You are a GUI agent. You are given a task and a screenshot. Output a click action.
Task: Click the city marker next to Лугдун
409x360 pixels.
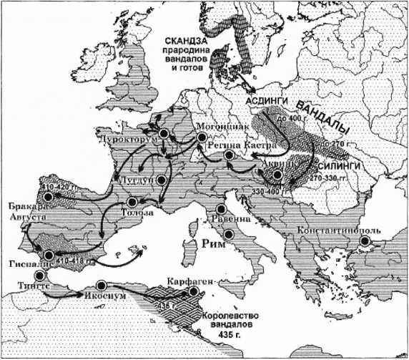163,180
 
